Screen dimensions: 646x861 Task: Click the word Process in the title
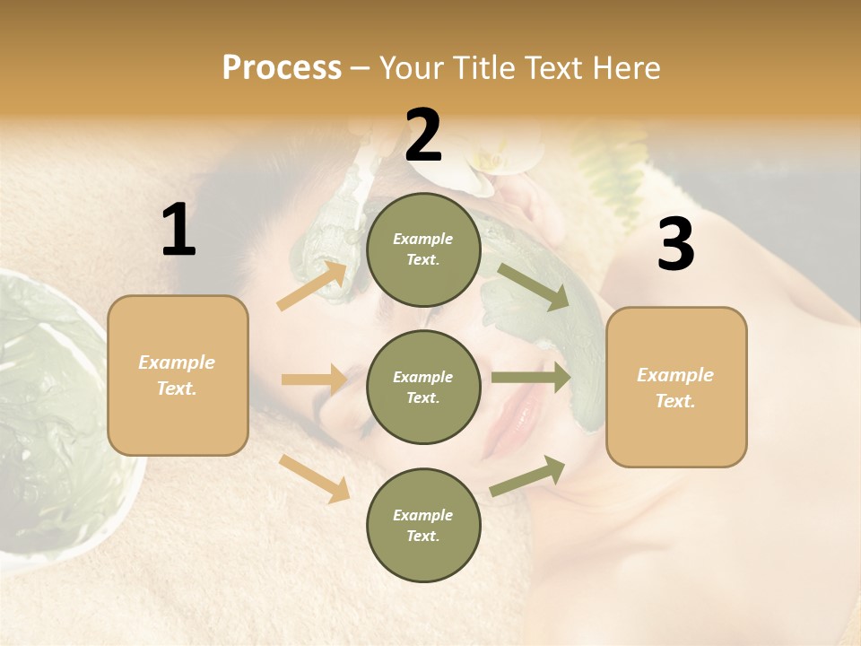(282, 68)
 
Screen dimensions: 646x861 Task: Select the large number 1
(178, 231)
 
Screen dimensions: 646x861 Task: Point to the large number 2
(423, 135)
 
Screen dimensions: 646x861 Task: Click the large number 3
(675, 245)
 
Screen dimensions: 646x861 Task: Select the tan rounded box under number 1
(178, 375)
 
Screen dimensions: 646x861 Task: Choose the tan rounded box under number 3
(676, 387)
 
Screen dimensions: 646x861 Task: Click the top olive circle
(423, 249)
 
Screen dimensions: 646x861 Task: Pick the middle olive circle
(423, 387)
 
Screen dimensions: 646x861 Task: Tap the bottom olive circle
(423, 525)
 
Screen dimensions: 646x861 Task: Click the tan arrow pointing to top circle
(312, 285)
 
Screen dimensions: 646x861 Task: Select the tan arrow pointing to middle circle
(314, 380)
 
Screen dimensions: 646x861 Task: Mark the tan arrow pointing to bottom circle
(314, 477)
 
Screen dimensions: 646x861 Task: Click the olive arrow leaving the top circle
(535, 287)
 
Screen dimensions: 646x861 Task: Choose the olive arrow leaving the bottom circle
(527, 476)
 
